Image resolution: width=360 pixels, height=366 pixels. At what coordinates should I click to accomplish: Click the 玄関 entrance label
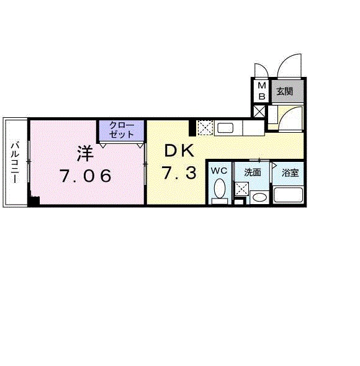[x=284, y=92]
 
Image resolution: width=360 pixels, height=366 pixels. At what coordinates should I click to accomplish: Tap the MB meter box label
[x=262, y=91]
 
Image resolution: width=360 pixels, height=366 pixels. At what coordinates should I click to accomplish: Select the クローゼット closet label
[x=122, y=130]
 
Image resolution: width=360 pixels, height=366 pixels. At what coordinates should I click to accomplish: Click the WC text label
[x=219, y=171]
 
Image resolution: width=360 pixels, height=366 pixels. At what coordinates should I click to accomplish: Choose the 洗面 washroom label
[x=253, y=172]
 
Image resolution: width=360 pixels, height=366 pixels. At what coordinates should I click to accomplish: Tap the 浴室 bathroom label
[x=290, y=172]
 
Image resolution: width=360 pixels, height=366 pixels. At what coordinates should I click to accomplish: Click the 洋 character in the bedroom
[x=85, y=153]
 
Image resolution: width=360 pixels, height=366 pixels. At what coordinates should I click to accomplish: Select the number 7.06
[x=85, y=176]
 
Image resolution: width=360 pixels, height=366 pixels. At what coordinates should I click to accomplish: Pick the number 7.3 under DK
[x=179, y=173]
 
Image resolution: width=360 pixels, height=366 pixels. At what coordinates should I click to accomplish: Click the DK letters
[x=179, y=151]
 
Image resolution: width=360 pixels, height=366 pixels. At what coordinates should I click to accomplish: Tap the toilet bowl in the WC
[x=220, y=191]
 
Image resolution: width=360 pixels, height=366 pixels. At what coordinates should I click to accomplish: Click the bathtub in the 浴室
[x=288, y=195]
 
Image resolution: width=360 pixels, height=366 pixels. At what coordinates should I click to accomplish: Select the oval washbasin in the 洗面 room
[x=259, y=198]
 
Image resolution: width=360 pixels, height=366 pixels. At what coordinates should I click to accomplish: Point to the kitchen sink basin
[x=225, y=128]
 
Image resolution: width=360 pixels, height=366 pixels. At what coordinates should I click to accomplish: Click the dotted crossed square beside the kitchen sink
[x=205, y=128]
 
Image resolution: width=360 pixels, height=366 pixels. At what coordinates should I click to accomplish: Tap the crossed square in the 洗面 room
[x=242, y=189]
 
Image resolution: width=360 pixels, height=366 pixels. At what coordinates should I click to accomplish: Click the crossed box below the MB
[x=259, y=111]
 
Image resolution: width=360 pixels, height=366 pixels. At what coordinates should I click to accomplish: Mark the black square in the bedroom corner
[x=34, y=201]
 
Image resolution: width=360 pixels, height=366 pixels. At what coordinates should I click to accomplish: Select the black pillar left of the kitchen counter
[x=192, y=128]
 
